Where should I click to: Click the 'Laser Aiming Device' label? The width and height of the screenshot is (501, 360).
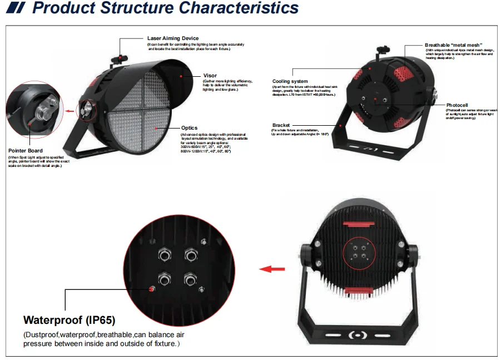point(172,38)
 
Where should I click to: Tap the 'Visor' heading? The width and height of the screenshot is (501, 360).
point(210,75)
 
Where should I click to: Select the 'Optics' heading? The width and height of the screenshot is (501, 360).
point(189,129)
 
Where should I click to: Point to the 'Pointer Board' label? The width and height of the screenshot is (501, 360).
point(26,151)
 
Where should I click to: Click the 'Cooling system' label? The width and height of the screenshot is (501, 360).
point(290,81)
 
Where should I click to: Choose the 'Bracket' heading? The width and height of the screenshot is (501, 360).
point(282,125)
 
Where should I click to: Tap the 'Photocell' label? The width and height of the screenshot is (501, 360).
point(457,105)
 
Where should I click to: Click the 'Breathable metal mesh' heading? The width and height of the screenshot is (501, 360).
point(453,45)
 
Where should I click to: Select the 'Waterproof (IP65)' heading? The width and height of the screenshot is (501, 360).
point(70,320)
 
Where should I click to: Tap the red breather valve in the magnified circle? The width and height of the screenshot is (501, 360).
point(150,288)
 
